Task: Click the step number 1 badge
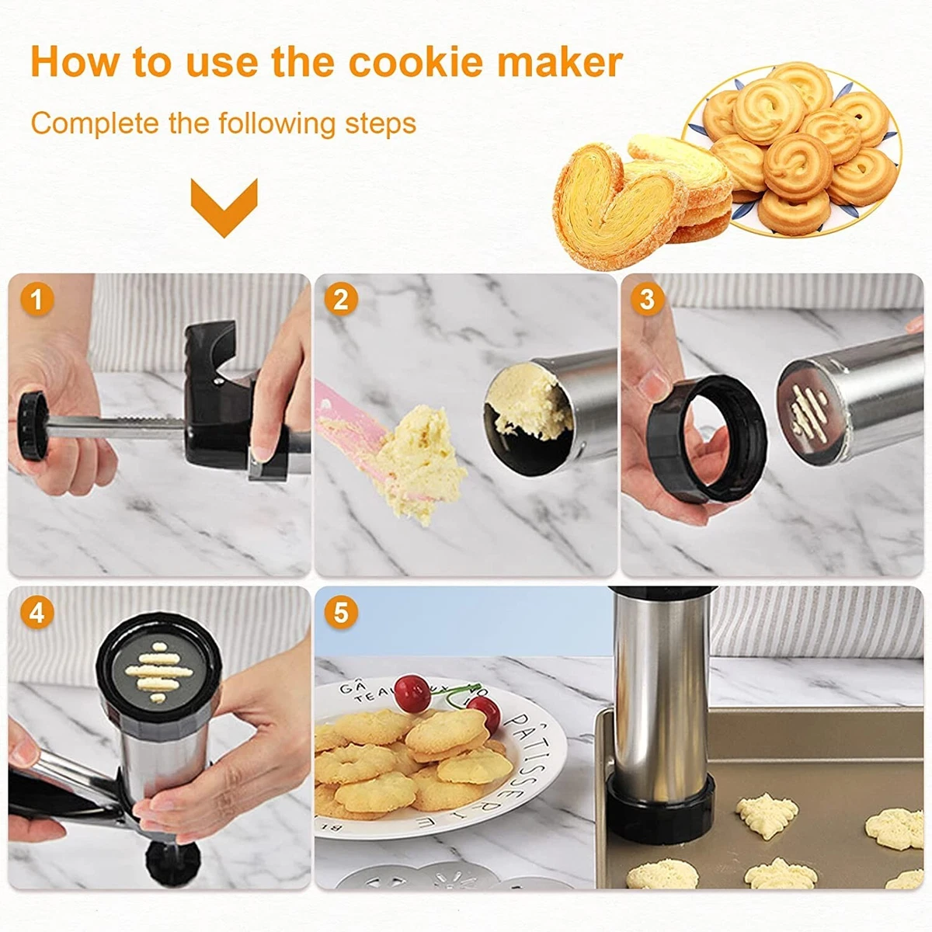(36, 300)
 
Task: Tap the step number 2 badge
(341, 300)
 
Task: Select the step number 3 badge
(647, 300)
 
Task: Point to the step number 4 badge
(36, 614)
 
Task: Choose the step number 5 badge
(341, 614)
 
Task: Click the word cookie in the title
(418, 62)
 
